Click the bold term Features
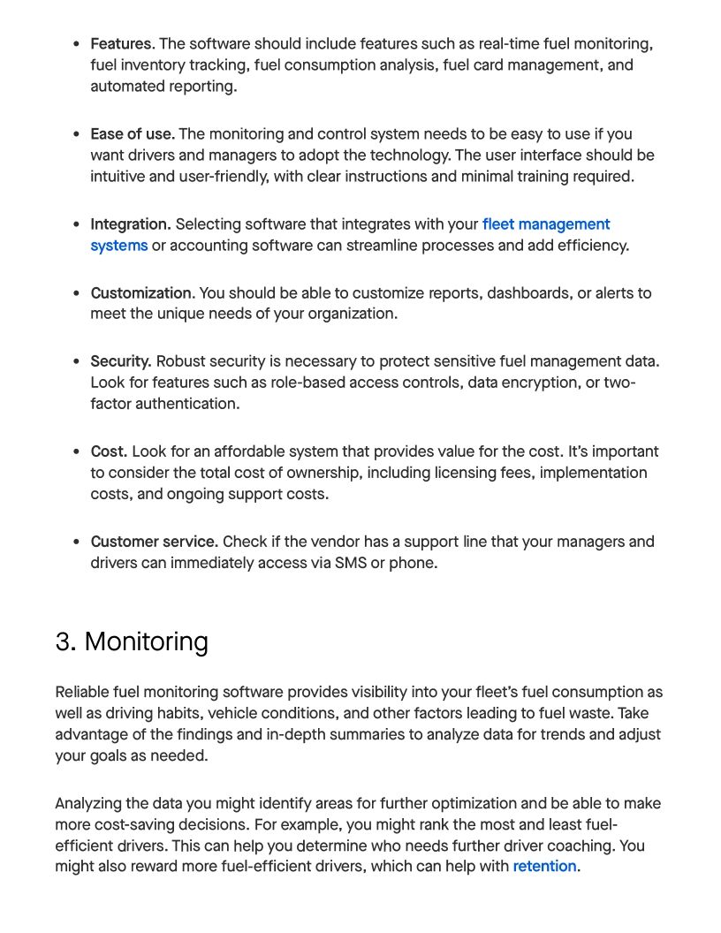click(x=122, y=44)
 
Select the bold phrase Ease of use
click(x=132, y=134)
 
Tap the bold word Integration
click(x=130, y=224)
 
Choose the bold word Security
click(x=121, y=361)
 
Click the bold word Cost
click(x=109, y=451)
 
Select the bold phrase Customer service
click(x=154, y=542)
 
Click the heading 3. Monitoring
click(x=132, y=641)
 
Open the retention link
click(x=544, y=867)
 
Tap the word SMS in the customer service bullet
click(x=351, y=563)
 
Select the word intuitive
click(x=120, y=177)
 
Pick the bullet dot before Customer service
click(x=77, y=542)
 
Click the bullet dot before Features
click(x=77, y=44)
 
